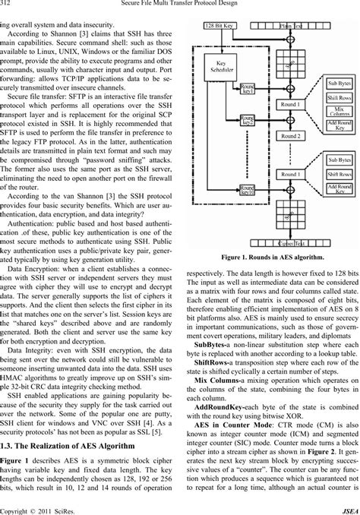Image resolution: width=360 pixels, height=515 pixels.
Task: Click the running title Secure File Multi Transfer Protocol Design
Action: pos(180,7)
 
